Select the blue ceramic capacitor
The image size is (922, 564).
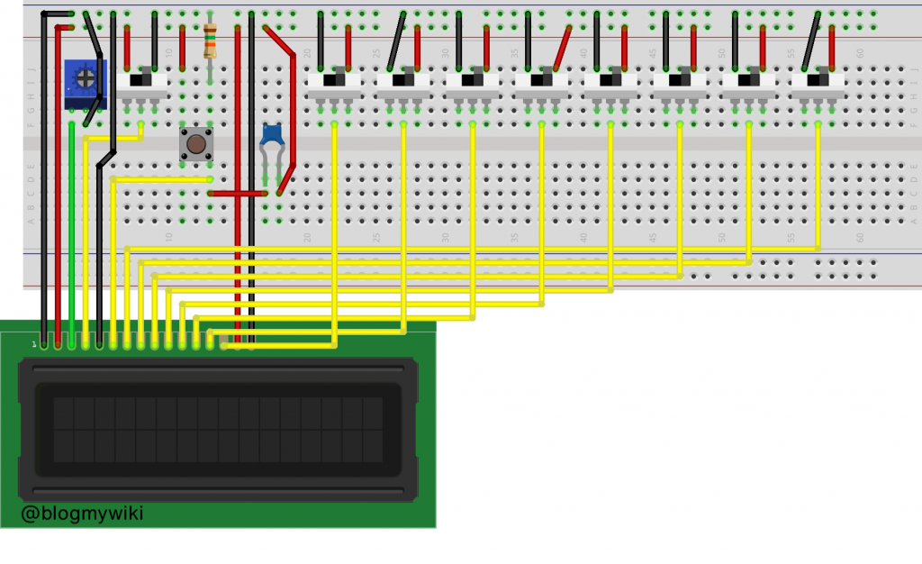click(273, 136)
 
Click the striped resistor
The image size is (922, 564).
click(210, 41)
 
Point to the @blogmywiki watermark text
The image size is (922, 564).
click(82, 514)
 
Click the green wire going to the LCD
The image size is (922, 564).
click(71, 234)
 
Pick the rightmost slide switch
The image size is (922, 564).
click(818, 82)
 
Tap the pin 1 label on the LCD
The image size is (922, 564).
click(34, 344)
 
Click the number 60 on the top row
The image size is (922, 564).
click(860, 53)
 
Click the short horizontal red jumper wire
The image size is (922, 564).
click(238, 193)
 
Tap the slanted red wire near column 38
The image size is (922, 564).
click(563, 48)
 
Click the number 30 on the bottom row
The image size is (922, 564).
click(445, 238)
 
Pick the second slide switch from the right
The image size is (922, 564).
click(748, 82)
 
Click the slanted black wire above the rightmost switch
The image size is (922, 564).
click(811, 41)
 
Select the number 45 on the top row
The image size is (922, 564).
click(652, 53)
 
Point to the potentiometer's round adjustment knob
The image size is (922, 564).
click(86, 78)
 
